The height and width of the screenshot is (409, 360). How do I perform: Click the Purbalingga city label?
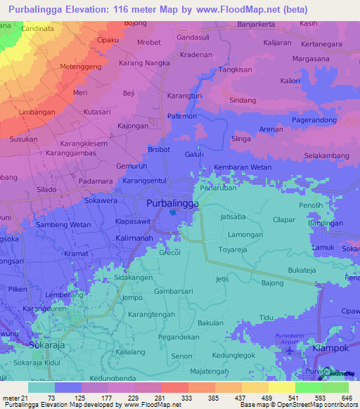172,203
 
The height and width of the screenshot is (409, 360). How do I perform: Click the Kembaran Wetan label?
242,167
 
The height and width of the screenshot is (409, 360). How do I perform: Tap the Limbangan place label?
32,112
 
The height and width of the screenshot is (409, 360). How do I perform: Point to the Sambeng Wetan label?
64,224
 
